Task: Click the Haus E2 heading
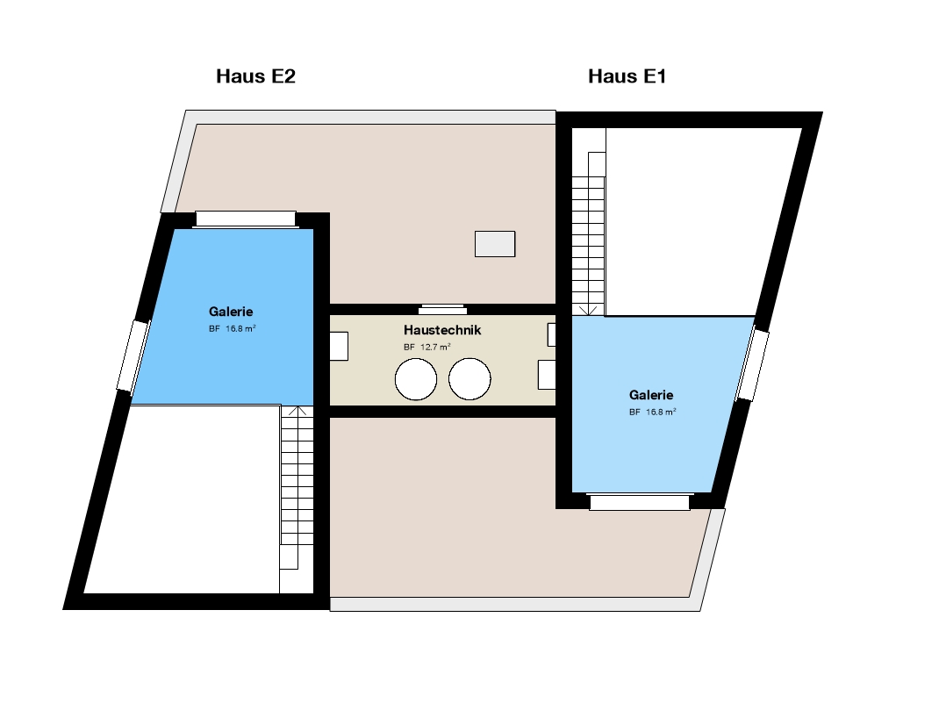click(255, 76)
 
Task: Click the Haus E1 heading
click(627, 76)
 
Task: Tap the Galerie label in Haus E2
click(231, 312)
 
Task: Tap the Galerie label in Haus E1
click(651, 395)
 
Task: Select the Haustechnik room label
click(442, 330)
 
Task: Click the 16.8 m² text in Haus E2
click(240, 328)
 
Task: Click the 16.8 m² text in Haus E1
click(661, 412)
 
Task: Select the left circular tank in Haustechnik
click(416, 378)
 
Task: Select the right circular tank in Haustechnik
click(469, 378)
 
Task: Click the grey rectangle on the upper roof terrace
click(495, 244)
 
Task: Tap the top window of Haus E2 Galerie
click(246, 219)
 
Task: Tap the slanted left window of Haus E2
click(133, 355)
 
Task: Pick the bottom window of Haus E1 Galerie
click(640, 502)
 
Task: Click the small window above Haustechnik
click(442, 309)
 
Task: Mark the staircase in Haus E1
click(589, 233)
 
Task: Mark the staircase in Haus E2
click(297, 487)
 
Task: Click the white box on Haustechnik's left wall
click(339, 347)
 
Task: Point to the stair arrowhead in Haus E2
click(297, 411)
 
